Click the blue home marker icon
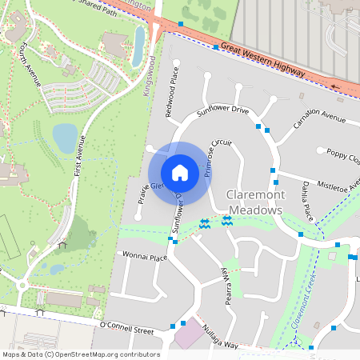[x=180, y=172]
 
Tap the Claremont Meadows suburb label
[x=255, y=202]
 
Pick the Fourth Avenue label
[x=31, y=63]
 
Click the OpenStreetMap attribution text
[x=81, y=354]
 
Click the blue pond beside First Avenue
[x=65, y=138]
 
